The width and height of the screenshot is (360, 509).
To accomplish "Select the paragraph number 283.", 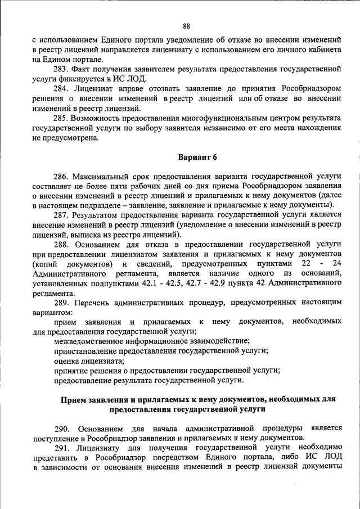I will click(x=62, y=69).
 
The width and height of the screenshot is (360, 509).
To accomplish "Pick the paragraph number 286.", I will click(x=62, y=176).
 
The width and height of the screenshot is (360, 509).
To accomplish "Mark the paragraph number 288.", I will click(x=62, y=245).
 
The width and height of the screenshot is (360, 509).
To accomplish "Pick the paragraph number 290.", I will click(x=62, y=429).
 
